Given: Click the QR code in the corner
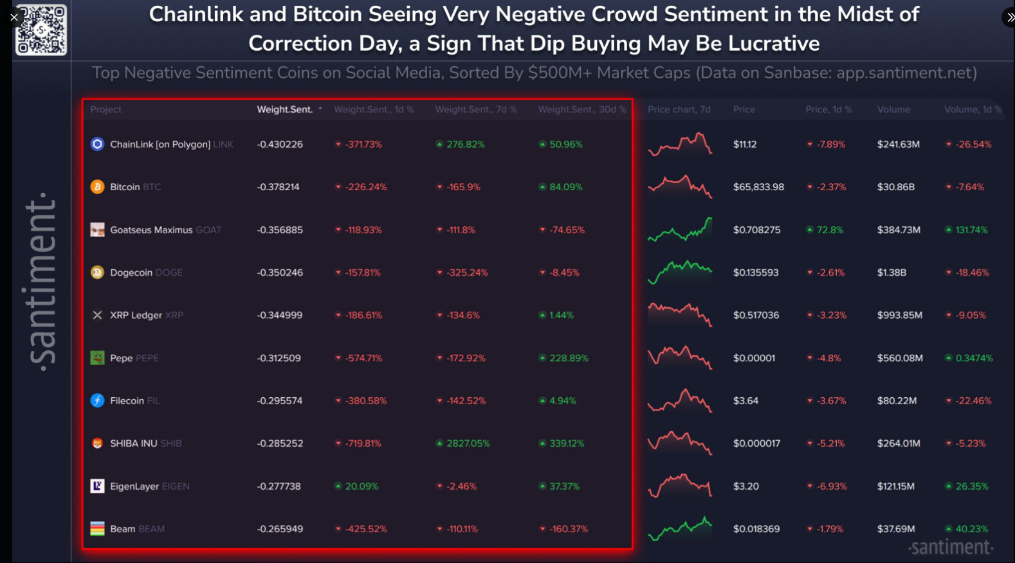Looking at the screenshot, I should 41,30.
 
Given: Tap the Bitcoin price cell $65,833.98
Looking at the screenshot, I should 758,187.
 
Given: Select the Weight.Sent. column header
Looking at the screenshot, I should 284,109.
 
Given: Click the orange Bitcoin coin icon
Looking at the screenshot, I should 97,187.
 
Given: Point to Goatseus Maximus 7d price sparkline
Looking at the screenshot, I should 680,229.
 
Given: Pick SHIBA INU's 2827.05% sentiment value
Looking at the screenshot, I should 468,443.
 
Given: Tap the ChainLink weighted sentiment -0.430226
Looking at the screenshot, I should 280,145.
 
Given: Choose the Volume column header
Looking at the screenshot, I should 893,109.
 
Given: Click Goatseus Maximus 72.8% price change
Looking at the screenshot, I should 829,230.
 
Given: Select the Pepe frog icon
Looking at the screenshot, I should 97,358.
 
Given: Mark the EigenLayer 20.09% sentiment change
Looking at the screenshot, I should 361,487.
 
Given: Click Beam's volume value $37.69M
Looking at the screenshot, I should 896,529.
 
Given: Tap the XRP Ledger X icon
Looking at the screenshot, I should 97,315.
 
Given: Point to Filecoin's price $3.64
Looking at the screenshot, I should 745,401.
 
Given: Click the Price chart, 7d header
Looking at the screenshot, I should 679,109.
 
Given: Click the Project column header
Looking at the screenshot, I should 105,109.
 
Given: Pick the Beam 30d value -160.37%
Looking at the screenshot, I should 568,529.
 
